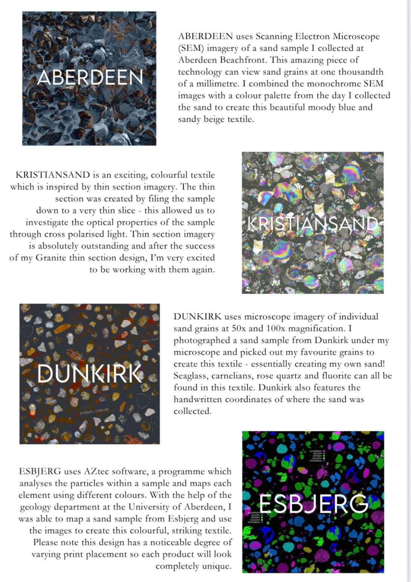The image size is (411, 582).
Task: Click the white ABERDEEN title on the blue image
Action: coord(90,77)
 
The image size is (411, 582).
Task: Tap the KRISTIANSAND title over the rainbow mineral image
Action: coord(312,223)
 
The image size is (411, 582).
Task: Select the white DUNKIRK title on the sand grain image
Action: coord(90,374)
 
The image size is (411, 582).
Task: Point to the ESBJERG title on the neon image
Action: coord(313,504)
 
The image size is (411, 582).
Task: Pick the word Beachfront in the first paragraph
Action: coord(243,60)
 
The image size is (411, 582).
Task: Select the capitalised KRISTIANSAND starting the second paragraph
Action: coord(53,175)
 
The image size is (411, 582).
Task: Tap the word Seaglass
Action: coord(190,376)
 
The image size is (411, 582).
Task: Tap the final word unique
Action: coord(216,567)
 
